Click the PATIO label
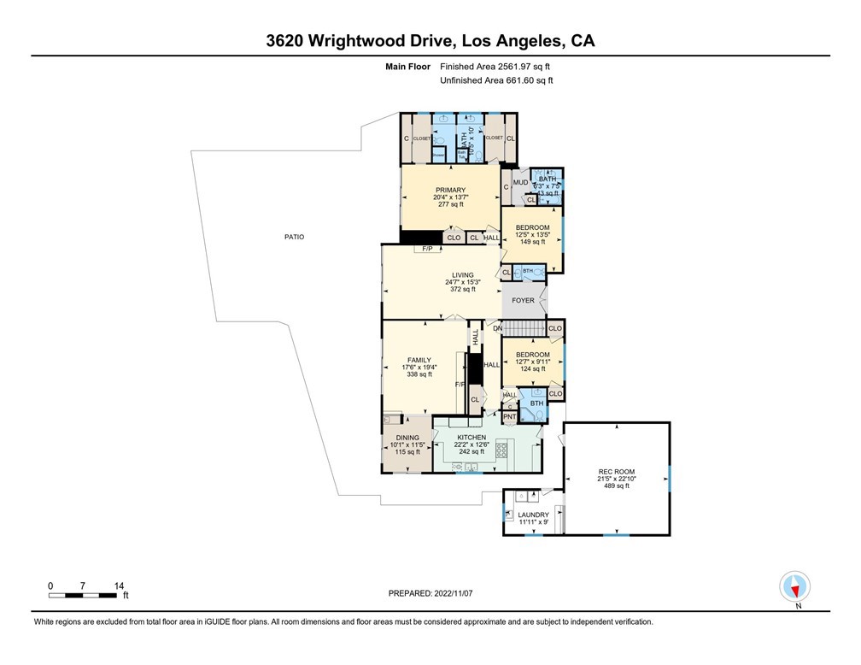[x=295, y=237]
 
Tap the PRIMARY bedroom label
[x=450, y=190]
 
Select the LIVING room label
[x=459, y=275]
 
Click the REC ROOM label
[x=616, y=471]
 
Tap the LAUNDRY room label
[x=534, y=515]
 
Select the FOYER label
[x=523, y=301]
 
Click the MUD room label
[x=520, y=182]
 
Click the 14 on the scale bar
[x=119, y=586]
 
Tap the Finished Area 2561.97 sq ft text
[x=501, y=66]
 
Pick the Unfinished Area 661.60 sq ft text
[x=496, y=80]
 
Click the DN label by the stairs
[x=495, y=328]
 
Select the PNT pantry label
[x=509, y=416]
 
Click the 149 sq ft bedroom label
[x=531, y=242]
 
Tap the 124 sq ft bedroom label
[x=532, y=368]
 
